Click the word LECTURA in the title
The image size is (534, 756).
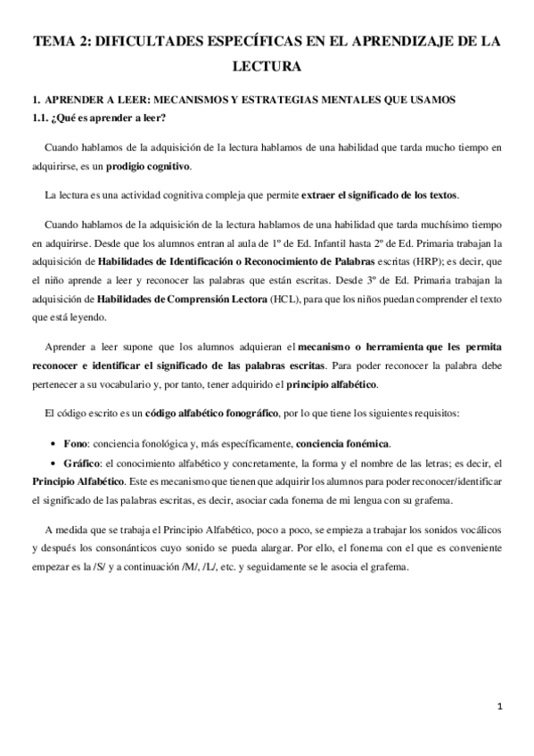267,66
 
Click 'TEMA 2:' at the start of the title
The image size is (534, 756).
61,41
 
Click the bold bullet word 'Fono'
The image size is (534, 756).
76,443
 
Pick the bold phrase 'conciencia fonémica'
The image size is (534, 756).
343,443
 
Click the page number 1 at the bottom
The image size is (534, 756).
501,707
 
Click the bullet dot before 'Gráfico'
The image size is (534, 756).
56,464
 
